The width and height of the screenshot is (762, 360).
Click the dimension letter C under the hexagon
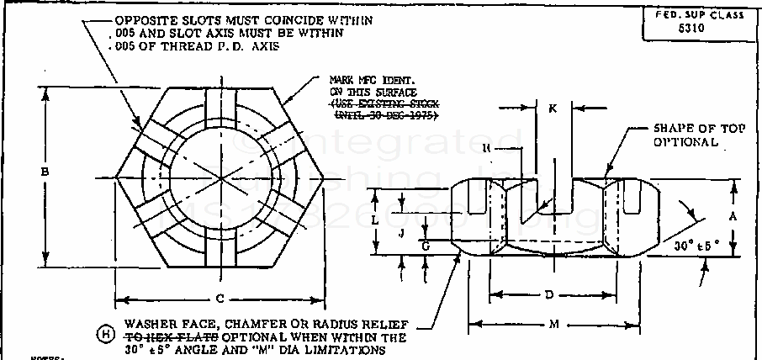[220, 299]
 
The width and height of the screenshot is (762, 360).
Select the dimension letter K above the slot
[552, 109]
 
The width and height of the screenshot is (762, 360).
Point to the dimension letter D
[548, 294]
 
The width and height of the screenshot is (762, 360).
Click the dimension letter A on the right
[733, 215]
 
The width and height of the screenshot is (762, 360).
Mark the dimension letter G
[426, 246]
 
